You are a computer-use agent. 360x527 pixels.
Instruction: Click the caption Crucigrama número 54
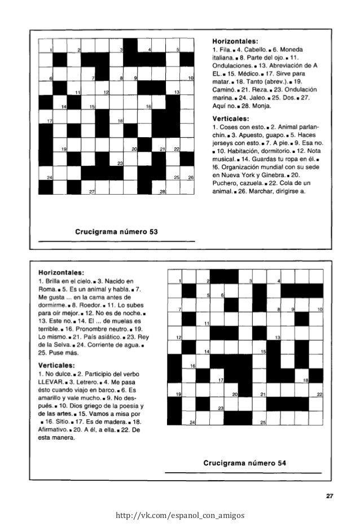[x=248, y=463]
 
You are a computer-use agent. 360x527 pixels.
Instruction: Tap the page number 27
[x=330, y=497]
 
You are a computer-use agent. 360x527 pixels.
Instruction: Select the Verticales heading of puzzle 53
[x=230, y=119]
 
